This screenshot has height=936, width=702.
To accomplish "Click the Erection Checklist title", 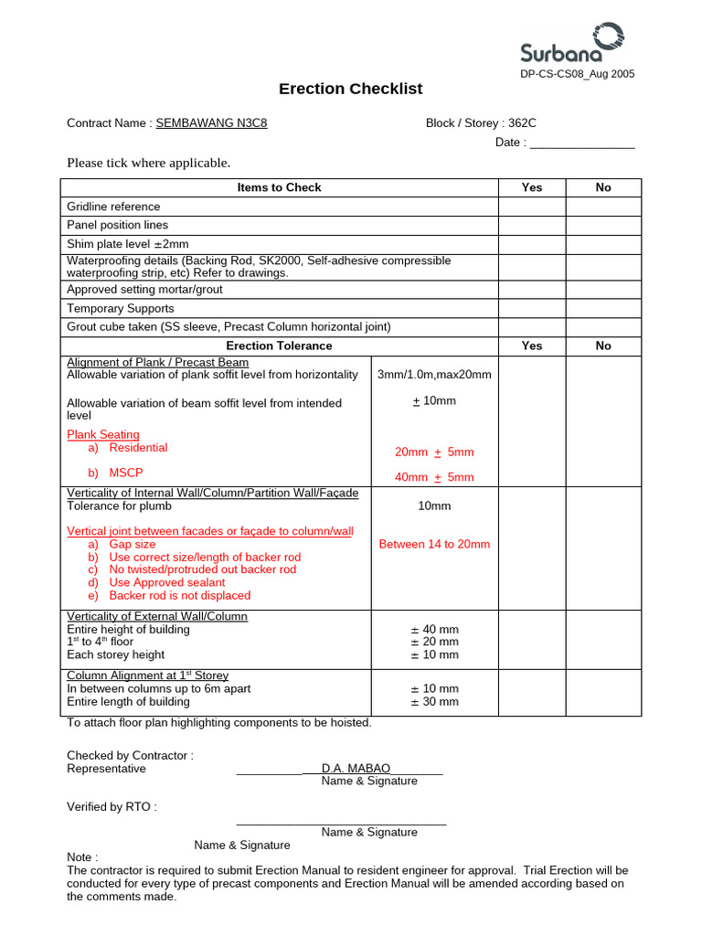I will point(350,89).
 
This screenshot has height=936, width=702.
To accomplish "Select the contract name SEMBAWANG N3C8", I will point(211,123).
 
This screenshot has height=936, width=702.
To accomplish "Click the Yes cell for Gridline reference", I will point(531,207).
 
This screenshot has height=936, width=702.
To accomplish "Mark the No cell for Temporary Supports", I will point(602,308).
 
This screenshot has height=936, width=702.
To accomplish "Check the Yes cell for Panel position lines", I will point(531,225).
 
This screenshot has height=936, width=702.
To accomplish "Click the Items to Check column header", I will point(279,187).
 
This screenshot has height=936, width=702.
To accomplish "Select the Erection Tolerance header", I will point(279,346).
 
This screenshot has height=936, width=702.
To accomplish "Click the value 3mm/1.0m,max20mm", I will point(434,375).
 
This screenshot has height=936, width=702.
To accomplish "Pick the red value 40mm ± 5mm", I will point(434,477).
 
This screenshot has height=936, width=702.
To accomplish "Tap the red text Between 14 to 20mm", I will point(434,544).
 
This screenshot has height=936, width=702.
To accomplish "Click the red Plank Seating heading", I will point(103,434).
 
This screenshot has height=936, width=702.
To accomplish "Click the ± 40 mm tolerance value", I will point(434,629).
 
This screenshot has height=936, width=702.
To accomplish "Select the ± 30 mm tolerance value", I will point(434,702).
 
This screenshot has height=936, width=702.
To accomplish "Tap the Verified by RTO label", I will point(112,807).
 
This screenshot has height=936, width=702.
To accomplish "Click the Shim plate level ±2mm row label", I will point(128,244).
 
